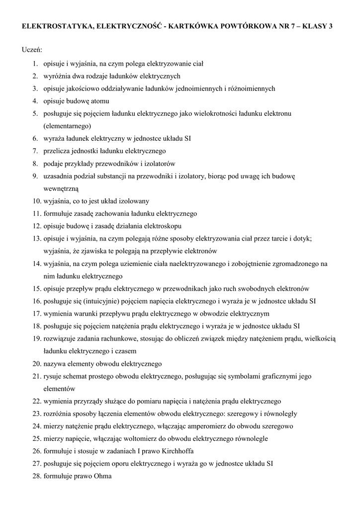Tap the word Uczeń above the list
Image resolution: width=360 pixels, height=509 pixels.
point(32,50)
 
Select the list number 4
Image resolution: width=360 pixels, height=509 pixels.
point(36,101)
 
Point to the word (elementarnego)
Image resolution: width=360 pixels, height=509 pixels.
point(67,126)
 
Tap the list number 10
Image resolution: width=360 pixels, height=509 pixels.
point(36,201)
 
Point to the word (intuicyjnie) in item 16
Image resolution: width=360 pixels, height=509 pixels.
point(86,301)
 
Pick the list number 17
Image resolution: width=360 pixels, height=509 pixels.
point(36,314)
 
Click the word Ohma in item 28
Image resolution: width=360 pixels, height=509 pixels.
point(101,476)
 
